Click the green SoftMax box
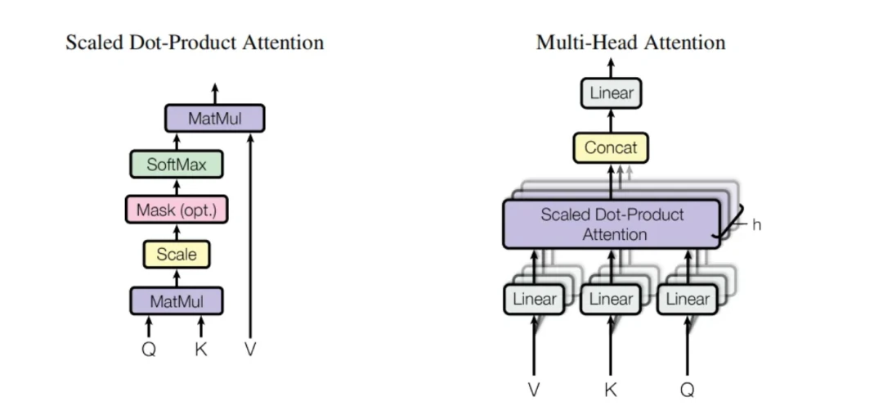click(176, 165)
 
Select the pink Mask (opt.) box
click(176, 210)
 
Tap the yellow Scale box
click(176, 255)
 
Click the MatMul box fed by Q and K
click(176, 301)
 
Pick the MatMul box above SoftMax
click(214, 119)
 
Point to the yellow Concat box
click(611, 148)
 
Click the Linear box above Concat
click(611, 93)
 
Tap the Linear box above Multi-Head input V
click(534, 299)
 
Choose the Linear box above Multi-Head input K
click(611, 299)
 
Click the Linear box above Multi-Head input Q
click(687, 299)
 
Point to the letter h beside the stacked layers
click(756, 224)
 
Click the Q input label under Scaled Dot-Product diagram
click(148, 350)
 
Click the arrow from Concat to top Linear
click(611, 121)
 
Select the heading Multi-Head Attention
click(630, 43)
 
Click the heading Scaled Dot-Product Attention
click(195, 43)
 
